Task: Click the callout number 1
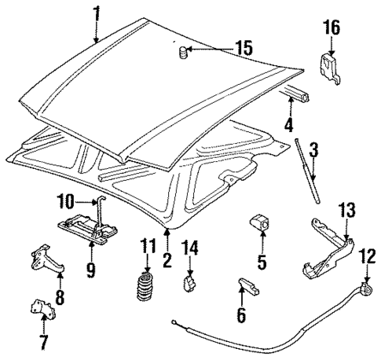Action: click(97, 13)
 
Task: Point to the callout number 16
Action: click(331, 28)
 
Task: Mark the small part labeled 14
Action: click(189, 281)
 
